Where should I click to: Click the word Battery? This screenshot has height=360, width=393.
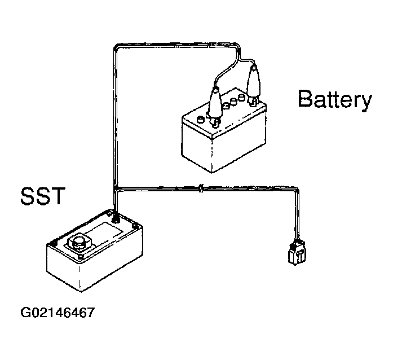coord(335,100)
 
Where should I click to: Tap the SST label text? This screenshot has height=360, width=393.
coord(43,196)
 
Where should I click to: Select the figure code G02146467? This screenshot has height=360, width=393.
coord(58,313)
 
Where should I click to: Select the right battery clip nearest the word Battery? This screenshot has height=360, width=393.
coord(253,84)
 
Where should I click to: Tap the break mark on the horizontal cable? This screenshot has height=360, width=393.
coord(201,188)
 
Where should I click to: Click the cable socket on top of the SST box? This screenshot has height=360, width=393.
coord(116,219)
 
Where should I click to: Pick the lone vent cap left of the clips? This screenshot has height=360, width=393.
coord(201,120)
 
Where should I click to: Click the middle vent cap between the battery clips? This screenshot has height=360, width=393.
coord(233,102)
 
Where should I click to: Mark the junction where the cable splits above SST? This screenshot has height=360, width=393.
coord(116,188)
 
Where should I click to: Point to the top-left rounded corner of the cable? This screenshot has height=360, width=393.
coord(117,46)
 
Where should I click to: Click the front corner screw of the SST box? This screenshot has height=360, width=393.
coord(80,257)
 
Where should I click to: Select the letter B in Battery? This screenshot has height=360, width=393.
coord(305,99)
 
